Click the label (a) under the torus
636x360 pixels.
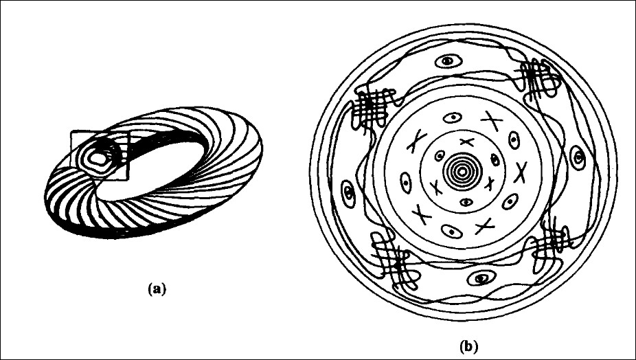tap(157, 289)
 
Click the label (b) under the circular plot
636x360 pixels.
tap(468, 346)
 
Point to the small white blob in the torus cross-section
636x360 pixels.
tap(98, 158)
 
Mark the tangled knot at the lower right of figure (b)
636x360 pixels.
tap(552, 245)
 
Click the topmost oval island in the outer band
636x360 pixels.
tap(448, 62)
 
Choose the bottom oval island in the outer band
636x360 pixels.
tap(482, 278)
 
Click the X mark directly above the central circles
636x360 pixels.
tap(466, 142)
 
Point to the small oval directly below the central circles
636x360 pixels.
tap(466, 202)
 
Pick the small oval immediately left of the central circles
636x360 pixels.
tap(440, 155)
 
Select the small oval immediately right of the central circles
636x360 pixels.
tap(495, 159)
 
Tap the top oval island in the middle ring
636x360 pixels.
tap(452, 118)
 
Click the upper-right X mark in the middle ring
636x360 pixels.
tap(492, 120)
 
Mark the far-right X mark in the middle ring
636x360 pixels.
tap(521, 172)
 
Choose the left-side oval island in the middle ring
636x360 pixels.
tap(406, 183)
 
